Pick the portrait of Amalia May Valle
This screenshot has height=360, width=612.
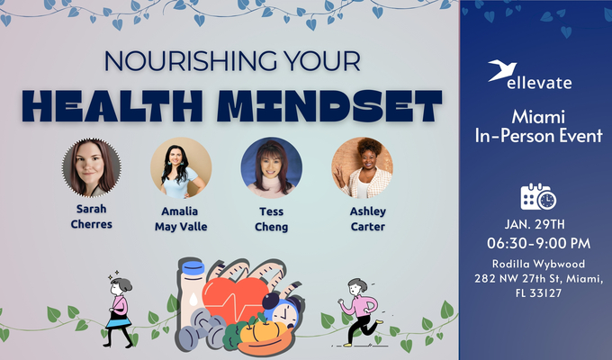click(x=181, y=167)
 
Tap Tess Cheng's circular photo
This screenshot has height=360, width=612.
click(x=271, y=167)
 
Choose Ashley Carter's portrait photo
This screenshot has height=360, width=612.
click(x=362, y=167)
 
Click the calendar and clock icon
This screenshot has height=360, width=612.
click(x=538, y=196)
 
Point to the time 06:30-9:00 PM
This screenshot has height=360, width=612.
click(x=538, y=244)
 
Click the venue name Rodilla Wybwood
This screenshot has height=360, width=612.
click(x=538, y=264)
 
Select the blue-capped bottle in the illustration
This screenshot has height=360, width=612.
click(x=192, y=292)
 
